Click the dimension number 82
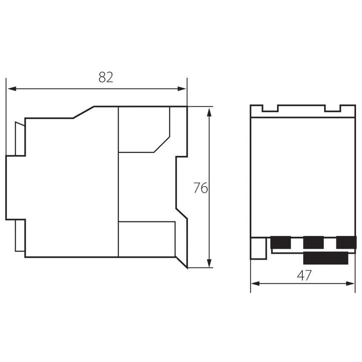(x=106, y=78)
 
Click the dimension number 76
(x=201, y=188)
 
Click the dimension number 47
(x=304, y=275)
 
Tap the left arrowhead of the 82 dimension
(x=12, y=89)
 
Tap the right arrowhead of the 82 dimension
(x=182, y=89)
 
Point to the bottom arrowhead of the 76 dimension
(x=209, y=263)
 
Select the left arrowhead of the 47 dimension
(x=256, y=283)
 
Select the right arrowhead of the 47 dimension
(x=350, y=283)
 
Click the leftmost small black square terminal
(x=281, y=242)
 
